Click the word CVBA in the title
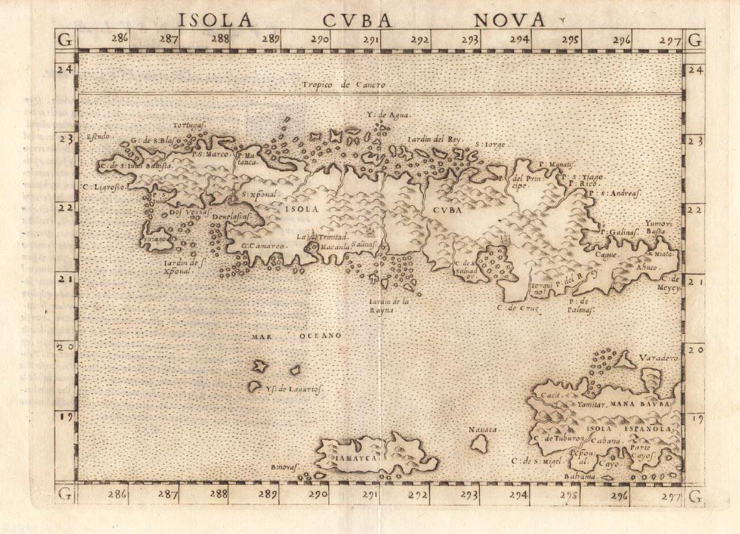pyautogui.click(x=366, y=20)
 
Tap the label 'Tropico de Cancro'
pyautogui.click(x=343, y=85)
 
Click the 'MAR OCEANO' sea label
pyautogui.click(x=297, y=335)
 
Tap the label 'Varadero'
pyautogui.click(x=659, y=358)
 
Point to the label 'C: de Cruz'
pyautogui.click(x=515, y=307)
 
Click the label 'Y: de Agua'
pyautogui.click(x=388, y=115)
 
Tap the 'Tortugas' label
pyautogui.click(x=188, y=125)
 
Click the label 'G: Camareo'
pyautogui.click(x=264, y=246)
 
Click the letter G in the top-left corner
pyautogui.click(x=65, y=40)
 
